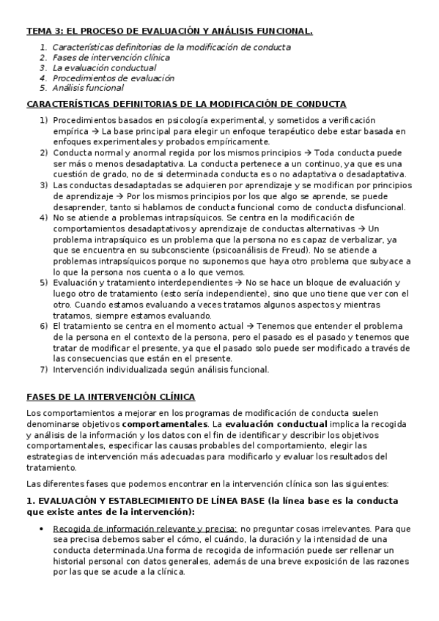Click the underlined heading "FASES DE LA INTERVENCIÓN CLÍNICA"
[x=111, y=397]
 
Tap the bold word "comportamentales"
[x=164, y=424]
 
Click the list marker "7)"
[x=43, y=369]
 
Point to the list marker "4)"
[x=43, y=218]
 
